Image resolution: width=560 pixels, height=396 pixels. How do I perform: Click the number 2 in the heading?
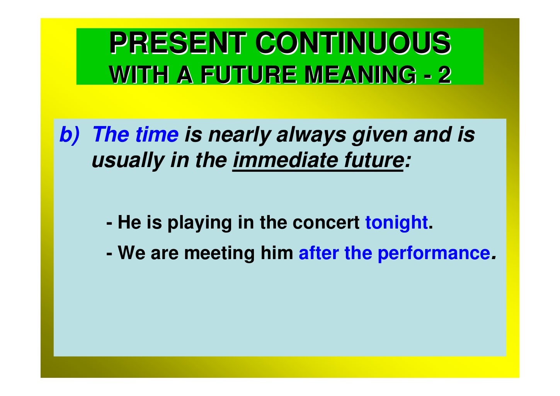point(444,75)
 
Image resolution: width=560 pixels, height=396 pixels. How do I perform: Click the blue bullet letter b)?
point(69,135)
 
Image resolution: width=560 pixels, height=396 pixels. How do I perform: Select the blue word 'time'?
point(157,135)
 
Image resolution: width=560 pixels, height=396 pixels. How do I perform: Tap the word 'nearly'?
point(239,135)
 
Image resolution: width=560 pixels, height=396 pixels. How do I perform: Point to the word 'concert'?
point(326,223)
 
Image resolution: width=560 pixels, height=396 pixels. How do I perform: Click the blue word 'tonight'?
point(396,223)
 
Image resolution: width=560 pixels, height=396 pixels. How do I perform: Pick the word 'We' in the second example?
point(131,253)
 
